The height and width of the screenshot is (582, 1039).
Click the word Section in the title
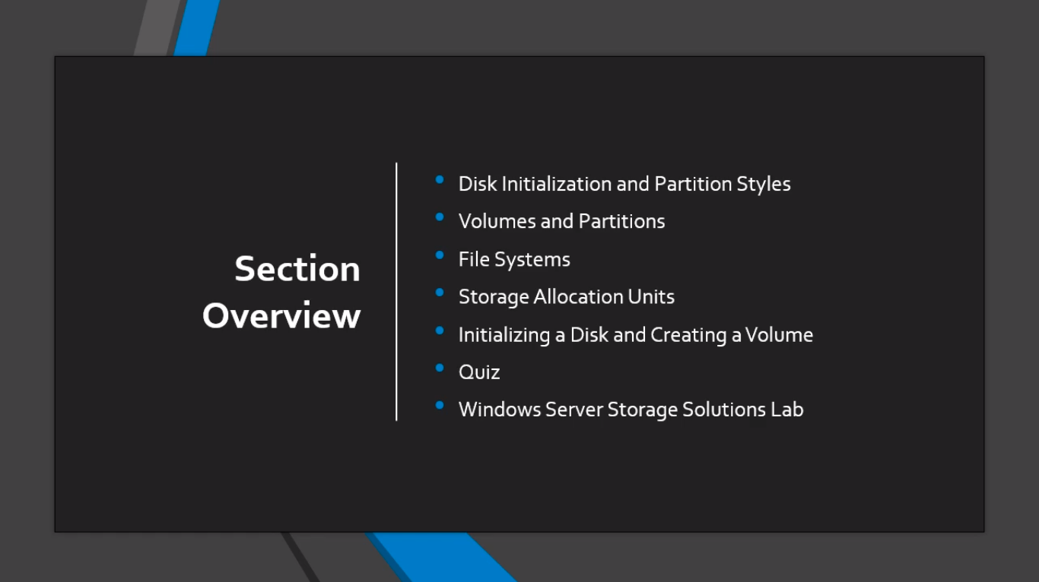click(x=297, y=268)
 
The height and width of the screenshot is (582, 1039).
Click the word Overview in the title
click(x=281, y=315)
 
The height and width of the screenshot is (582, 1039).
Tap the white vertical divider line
click(x=396, y=292)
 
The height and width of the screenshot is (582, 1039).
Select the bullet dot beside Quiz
click(x=440, y=368)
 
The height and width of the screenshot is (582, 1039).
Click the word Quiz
click(x=479, y=372)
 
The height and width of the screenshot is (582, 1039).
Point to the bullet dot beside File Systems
click(x=440, y=255)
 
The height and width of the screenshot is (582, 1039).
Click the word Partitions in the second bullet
click(x=621, y=221)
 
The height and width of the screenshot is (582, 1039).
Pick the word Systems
click(x=532, y=260)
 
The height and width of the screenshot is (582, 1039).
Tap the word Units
click(x=651, y=296)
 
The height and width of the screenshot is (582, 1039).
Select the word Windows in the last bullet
click(x=500, y=410)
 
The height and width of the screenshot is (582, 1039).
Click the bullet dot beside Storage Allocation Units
click(x=440, y=293)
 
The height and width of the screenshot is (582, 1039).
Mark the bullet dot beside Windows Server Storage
click(x=440, y=406)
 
